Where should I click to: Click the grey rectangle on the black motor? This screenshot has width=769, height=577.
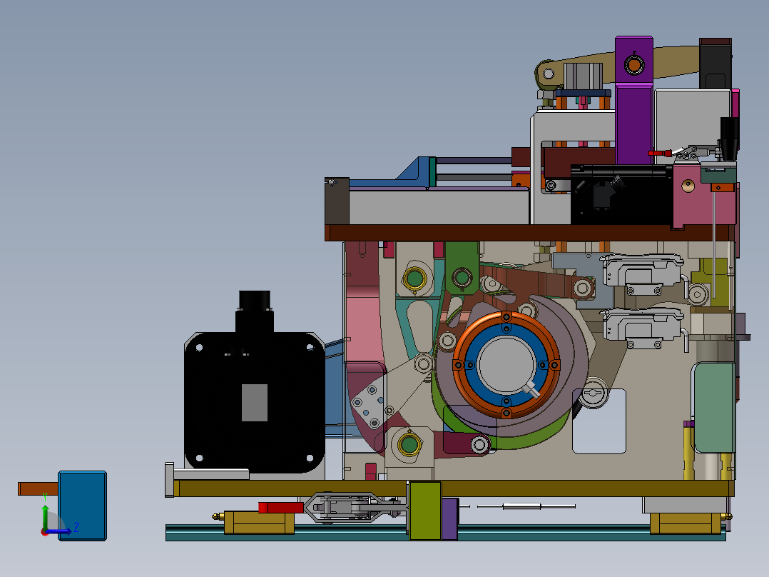[x=255, y=403]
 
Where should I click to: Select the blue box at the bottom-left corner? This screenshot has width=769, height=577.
[x=83, y=506]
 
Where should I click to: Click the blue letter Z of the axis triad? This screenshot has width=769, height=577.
[x=76, y=528]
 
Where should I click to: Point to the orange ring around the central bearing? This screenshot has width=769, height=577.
[x=506, y=316]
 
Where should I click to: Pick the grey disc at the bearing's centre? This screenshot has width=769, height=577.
[x=506, y=364]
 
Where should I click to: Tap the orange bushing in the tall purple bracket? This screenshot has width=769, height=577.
[x=634, y=65]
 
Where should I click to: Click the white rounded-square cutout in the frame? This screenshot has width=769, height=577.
[x=599, y=421]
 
